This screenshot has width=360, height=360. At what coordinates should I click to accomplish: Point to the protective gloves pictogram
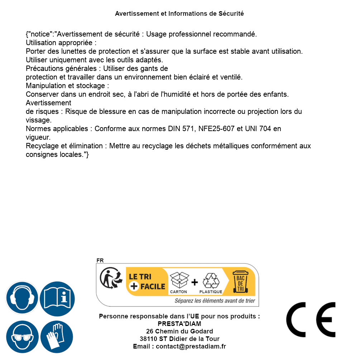[57, 337]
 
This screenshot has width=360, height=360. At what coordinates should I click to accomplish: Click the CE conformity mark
[311, 320]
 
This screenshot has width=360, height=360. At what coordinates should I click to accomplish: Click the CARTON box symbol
[179, 281]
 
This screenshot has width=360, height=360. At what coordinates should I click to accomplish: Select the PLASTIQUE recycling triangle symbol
[211, 281]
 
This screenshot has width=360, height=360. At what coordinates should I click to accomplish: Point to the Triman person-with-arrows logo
[109, 279]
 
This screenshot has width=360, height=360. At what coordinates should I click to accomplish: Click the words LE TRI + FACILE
[147, 282]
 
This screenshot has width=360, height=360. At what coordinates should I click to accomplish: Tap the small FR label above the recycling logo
[100, 261]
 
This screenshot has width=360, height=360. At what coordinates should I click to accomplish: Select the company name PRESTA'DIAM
[179, 324]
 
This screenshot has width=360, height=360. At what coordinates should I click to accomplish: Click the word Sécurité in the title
[231, 14]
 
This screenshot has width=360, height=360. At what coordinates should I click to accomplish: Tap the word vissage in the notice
[39, 120]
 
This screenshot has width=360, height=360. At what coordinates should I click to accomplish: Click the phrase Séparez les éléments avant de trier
[215, 301]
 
